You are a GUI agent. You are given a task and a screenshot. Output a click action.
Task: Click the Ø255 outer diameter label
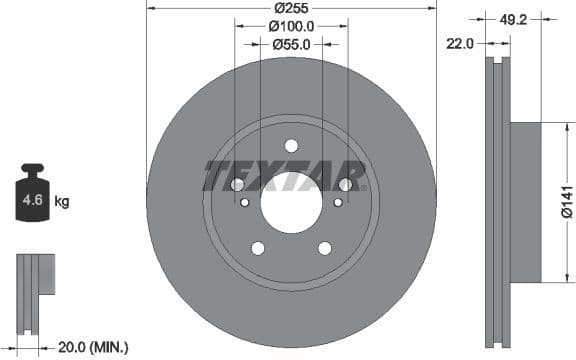(292, 9)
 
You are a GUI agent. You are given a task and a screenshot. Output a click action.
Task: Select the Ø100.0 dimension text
(292, 27)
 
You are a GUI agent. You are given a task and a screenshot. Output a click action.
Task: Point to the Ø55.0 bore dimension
(292, 45)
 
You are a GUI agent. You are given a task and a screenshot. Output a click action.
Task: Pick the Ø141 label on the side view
(567, 202)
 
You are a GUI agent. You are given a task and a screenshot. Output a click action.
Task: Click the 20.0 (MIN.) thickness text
(92, 347)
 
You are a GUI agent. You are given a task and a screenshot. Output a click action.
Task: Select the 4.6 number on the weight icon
(32, 201)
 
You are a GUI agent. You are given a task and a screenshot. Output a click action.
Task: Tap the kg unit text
(62, 202)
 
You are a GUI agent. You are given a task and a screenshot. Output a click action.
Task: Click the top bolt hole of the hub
(291, 145)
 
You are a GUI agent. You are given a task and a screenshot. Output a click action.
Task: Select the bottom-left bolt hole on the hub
(257, 248)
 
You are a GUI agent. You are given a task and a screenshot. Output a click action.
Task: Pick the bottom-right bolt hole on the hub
(325, 248)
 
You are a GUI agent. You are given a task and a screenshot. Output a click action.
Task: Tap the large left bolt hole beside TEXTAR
(237, 184)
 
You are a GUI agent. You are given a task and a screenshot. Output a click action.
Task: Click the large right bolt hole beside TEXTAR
(346, 184)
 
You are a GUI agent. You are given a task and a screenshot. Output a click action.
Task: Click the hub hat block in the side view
(526, 202)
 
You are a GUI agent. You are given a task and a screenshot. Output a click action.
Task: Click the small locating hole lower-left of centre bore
(244, 203)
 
